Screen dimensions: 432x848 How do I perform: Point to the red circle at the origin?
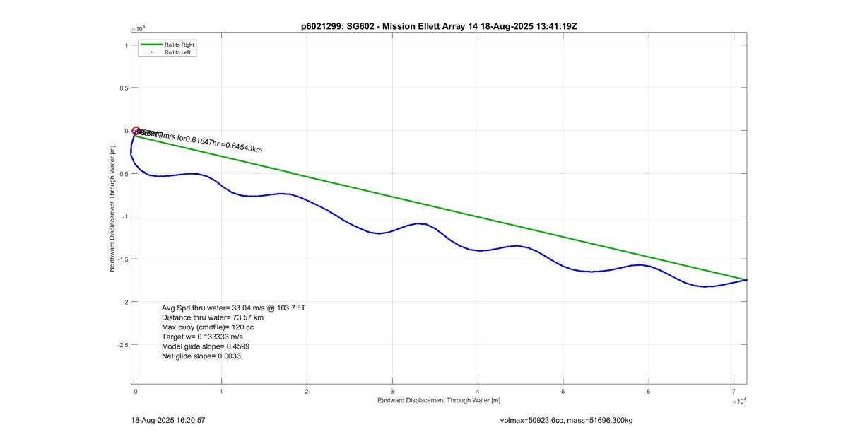pyautogui.click(x=136, y=131)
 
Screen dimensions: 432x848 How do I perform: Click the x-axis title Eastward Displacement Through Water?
pyautogui.click(x=438, y=400)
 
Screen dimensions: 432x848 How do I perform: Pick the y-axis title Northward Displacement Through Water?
pyautogui.click(x=112, y=209)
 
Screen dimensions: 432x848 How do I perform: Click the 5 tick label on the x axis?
pyautogui.click(x=563, y=391)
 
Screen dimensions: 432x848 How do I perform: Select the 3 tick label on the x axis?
pyautogui.click(x=392, y=391)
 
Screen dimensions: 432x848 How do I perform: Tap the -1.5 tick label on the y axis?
pyautogui.click(x=122, y=259)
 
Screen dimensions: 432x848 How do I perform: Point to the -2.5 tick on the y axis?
pyautogui.click(x=122, y=345)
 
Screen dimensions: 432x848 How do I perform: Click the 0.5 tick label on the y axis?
pyautogui.click(x=123, y=88)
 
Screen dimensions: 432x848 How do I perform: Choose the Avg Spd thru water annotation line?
pyautogui.click(x=233, y=308)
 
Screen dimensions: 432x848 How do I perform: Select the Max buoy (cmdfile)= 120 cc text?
pyautogui.click(x=208, y=328)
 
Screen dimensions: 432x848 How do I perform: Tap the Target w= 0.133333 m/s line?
pyautogui.click(x=202, y=337)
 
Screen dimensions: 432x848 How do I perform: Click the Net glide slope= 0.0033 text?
pyautogui.click(x=201, y=356)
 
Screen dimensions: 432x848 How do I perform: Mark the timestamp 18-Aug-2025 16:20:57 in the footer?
pyautogui.click(x=168, y=420)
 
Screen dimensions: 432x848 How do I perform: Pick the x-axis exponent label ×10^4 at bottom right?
pyautogui.click(x=739, y=401)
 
